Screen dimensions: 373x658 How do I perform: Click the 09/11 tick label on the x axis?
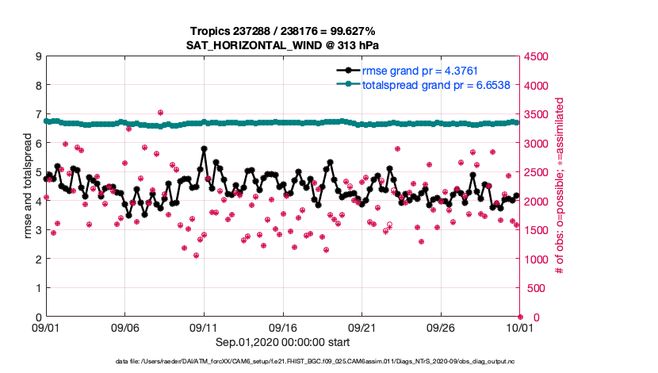(x=204, y=327)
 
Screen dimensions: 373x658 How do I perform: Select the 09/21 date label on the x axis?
(x=362, y=327)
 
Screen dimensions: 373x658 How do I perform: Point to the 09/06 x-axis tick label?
(x=125, y=327)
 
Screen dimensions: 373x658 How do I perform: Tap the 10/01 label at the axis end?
(x=519, y=327)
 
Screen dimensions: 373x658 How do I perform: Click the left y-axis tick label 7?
(x=38, y=114)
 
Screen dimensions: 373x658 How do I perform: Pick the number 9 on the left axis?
(x=38, y=56)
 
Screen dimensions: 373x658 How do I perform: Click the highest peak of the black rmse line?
(x=205, y=148)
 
